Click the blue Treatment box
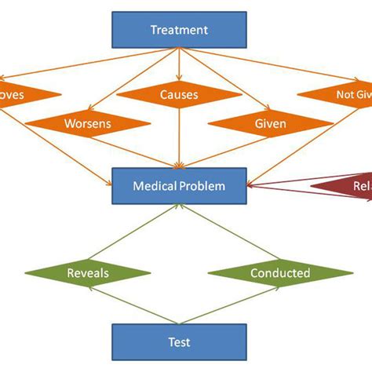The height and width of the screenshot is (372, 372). [179, 31]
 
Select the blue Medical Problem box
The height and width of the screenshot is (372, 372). [179, 186]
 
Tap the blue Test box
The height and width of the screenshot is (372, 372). [179, 341]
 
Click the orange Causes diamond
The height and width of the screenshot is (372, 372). [179, 95]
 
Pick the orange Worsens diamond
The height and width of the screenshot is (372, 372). [87, 124]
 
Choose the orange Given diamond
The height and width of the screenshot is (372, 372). [270, 124]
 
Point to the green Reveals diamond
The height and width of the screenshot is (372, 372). [87, 273]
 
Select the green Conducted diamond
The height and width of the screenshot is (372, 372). [279, 273]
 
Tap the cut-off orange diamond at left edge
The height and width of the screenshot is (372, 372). [24, 95]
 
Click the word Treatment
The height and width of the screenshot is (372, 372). [179, 31]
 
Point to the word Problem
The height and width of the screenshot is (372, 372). [200, 186]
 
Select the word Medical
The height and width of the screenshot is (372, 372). [155, 186]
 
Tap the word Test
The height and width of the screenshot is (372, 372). [179, 341]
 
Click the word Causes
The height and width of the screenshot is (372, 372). [179, 95]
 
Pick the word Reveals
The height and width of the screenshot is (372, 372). [87, 273]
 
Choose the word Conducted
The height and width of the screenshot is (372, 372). [279, 273]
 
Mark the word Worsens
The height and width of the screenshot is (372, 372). [87, 124]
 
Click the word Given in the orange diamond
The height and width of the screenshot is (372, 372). [270, 124]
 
